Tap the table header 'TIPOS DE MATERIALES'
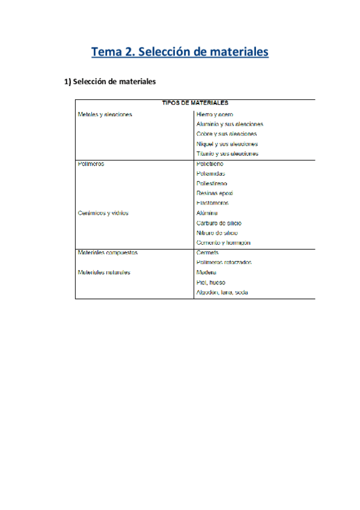[195, 103]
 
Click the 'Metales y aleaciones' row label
[105, 114]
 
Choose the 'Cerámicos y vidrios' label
[103, 213]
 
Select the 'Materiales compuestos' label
[108, 253]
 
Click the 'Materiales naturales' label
[105, 272]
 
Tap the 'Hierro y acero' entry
[215, 114]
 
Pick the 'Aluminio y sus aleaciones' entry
[230, 124]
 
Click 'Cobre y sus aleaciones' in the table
[227, 134]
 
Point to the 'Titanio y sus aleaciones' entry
[227, 154]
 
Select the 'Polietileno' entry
[210, 164]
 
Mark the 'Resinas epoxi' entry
[215, 193]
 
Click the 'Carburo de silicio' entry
[219, 223]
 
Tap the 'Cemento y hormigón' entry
[224, 242]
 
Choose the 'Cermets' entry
[207, 253]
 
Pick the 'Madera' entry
[207, 272]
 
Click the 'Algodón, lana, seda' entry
[222, 292]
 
